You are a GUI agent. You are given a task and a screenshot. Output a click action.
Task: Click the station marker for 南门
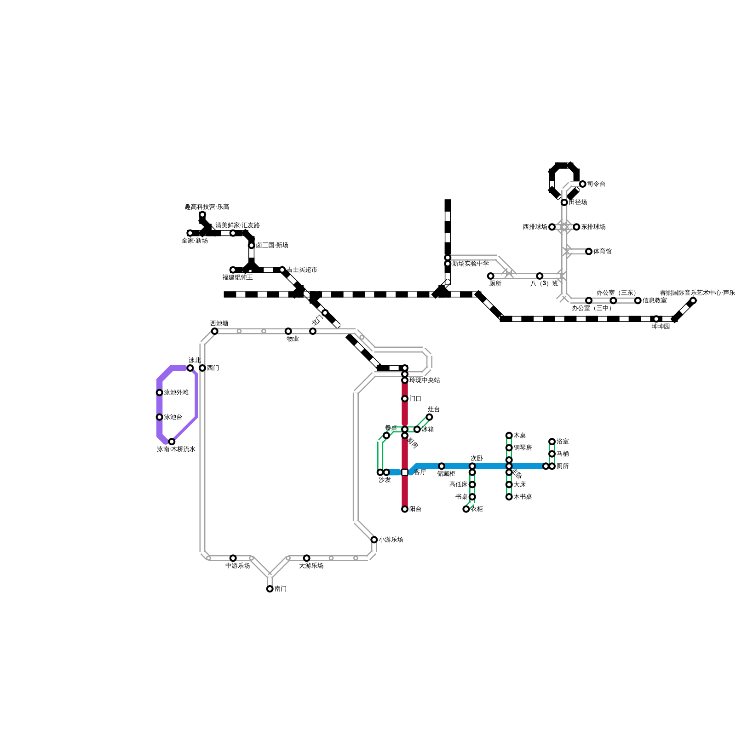(x=270, y=589)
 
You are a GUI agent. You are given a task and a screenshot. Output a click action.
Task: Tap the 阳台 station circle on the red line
(x=405, y=509)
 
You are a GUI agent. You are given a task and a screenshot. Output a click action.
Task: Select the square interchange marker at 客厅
(x=405, y=472)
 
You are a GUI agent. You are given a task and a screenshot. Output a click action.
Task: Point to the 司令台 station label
(x=596, y=184)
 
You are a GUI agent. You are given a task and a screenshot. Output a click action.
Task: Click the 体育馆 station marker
(x=589, y=252)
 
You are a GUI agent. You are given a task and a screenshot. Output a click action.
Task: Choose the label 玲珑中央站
(x=425, y=380)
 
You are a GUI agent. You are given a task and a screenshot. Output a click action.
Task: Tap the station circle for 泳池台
(x=160, y=417)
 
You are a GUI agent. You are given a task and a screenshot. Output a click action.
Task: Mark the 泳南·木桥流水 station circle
(x=172, y=442)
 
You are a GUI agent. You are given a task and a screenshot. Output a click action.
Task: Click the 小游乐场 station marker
(x=374, y=540)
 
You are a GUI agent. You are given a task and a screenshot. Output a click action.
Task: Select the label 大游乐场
(x=311, y=566)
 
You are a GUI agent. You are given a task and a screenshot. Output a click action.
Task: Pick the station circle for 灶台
(x=429, y=417)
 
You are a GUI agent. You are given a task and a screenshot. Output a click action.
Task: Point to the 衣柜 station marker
(x=466, y=509)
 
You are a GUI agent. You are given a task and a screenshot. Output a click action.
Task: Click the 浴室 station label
(x=563, y=442)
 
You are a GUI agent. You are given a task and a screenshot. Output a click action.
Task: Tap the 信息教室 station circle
(x=638, y=301)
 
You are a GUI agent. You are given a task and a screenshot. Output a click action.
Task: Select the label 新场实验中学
(x=470, y=264)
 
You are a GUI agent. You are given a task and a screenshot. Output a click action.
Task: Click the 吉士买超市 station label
(x=302, y=270)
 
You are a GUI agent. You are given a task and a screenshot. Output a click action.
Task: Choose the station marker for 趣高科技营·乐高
(x=202, y=215)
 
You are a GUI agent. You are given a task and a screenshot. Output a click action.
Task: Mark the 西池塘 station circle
(x=215, y=331)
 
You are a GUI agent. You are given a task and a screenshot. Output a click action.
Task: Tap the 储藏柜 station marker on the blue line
(x=442, y=466)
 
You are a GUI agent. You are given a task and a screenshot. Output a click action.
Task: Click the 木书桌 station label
(x=523, y=497)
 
